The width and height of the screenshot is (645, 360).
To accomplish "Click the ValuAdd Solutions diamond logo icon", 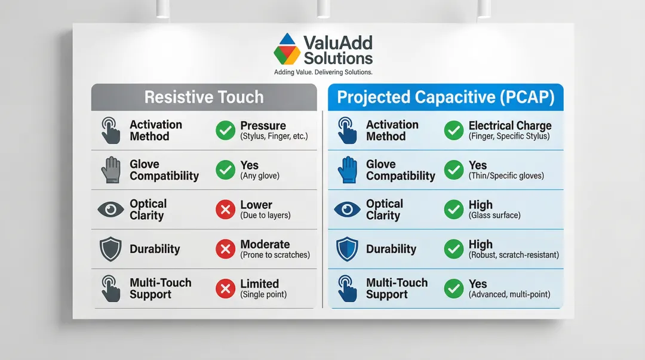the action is click(x=287, y=49).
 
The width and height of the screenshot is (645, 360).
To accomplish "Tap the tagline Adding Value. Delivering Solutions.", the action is click(x=323, y=72).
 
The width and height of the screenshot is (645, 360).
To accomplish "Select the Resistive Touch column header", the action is click(x=204, y=97).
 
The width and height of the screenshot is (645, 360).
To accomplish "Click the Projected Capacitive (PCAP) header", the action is click(x=446, y=97).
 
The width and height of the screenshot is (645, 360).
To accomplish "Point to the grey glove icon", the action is click(x=110, y=170).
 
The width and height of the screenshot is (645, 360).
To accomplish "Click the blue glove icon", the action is click(x=347, y=170).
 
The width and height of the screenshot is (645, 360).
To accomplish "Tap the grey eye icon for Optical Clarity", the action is click(x=110, y=210).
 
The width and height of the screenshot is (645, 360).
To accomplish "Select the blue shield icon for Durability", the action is click(x=347, y=249).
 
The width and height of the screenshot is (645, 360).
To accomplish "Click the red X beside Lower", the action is click(x=225, y=210).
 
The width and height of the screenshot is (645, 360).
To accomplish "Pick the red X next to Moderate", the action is click(x=225, y=249).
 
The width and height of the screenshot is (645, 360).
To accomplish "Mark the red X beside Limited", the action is click(x=225, y=288).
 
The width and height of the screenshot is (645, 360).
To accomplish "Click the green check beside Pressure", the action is click(x=225, y=130).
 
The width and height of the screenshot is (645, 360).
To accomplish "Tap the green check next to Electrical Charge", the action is click(x=454, y=130).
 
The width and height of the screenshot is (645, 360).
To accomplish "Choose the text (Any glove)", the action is click(x=260, y=176).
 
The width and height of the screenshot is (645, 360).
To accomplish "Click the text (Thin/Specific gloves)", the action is click(x=506, y=176).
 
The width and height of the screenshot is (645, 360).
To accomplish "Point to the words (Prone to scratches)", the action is click(x=275, y=255).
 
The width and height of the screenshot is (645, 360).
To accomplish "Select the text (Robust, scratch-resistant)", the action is click(x=514, y=255).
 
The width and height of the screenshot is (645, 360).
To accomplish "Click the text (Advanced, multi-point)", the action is click(x=509, y=294).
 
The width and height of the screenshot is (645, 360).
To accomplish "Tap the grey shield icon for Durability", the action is click(x=110, y=249).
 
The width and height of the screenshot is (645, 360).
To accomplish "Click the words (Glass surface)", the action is click(x=494, y=215).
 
